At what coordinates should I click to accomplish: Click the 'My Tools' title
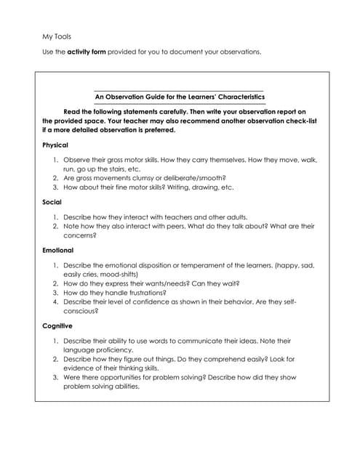(56, 36)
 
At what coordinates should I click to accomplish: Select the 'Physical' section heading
(55, 145)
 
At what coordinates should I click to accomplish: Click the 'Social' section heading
(52, 201)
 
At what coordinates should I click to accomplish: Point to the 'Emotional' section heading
(57, 250)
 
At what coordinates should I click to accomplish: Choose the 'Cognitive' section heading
(57, 326)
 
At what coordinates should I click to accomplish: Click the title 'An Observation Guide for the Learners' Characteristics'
(180, 97)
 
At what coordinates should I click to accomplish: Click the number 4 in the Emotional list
(55, 302)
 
